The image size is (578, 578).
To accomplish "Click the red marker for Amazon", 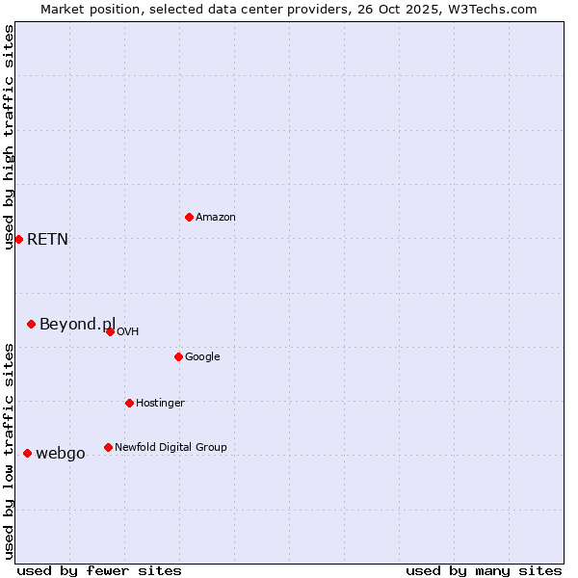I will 189,217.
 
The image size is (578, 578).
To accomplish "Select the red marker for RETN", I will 18,239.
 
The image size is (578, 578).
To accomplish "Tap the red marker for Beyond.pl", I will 31,324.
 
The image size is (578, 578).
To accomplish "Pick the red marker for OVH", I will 110,331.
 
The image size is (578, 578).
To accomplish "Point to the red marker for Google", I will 178,356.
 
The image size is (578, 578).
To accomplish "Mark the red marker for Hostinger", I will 129,403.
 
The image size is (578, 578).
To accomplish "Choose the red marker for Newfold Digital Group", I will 108,447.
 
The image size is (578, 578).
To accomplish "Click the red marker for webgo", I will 27,453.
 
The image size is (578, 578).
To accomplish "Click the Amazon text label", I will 216,218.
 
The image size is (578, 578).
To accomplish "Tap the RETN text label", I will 47,240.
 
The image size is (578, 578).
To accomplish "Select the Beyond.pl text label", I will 77,324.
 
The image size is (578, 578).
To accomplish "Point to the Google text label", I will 202,357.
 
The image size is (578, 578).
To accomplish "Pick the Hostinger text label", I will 160,403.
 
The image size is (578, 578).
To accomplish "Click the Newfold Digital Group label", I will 171,447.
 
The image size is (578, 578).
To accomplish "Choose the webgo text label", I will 60,454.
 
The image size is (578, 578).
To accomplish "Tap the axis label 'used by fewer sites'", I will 99,570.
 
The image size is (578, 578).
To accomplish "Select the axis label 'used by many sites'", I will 484,570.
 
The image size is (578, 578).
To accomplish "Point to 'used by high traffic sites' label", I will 9,137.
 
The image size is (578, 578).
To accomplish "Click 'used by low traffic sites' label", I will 9,451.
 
